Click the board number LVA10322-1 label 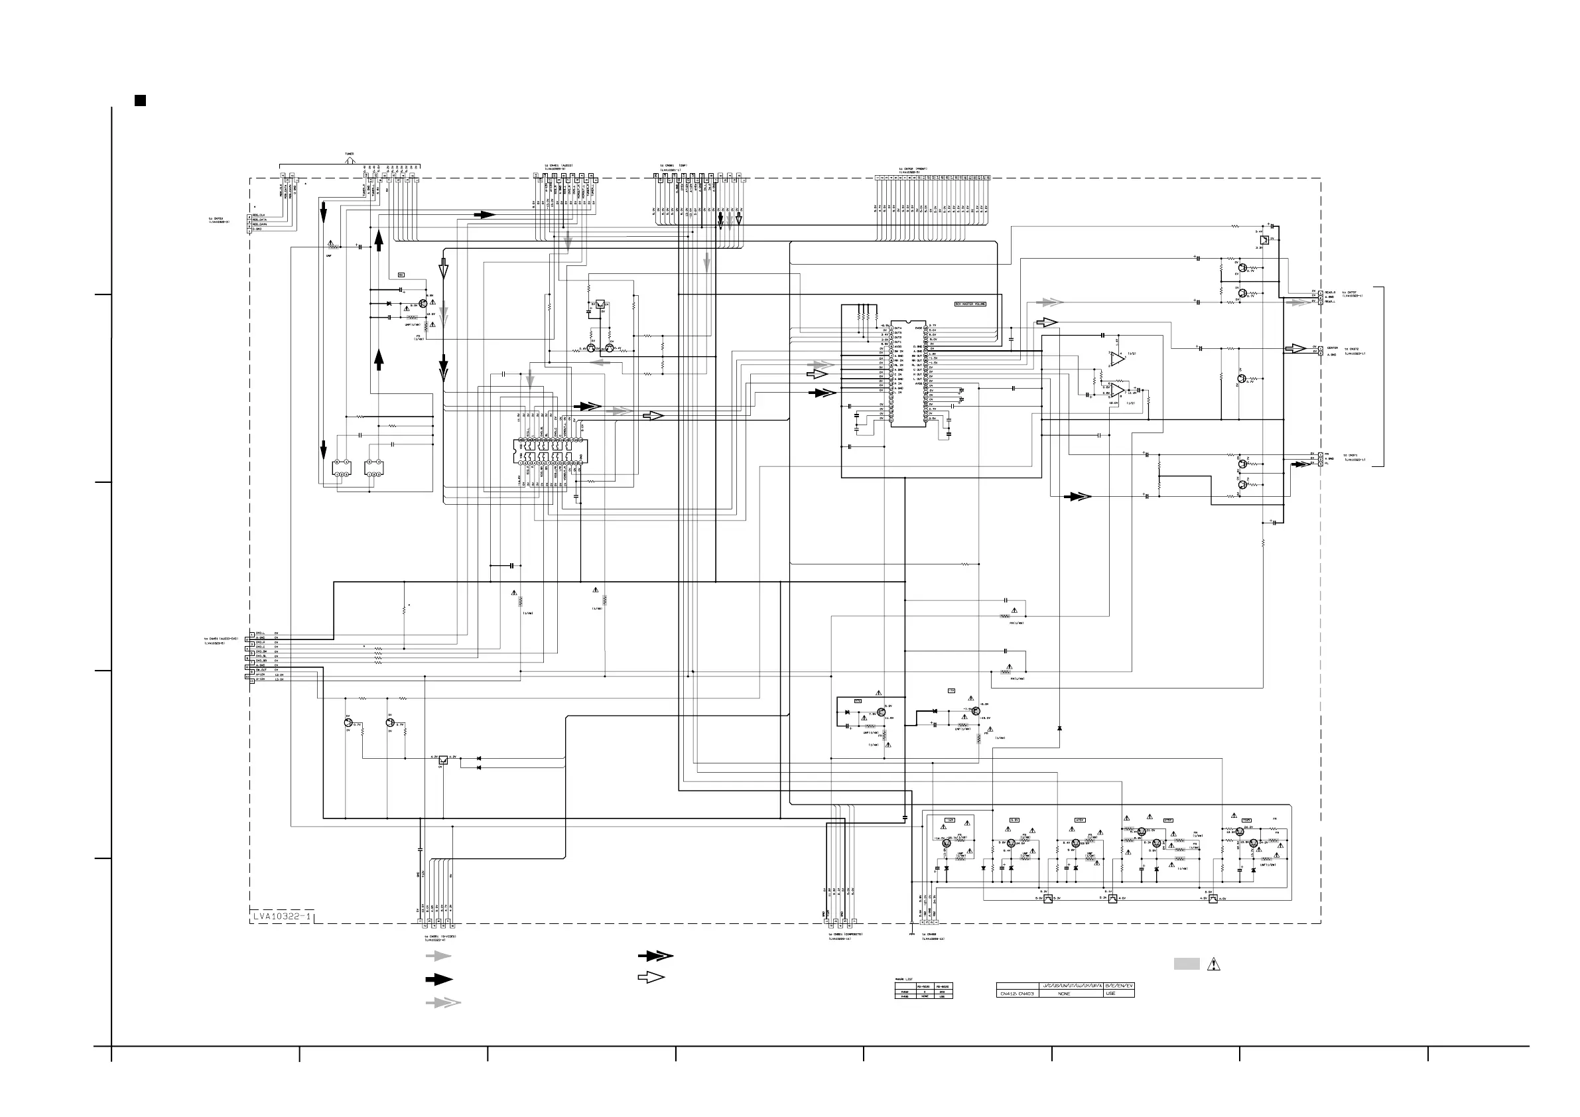coord(281,916)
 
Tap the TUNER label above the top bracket coord(350,153)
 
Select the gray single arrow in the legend coord(438,956)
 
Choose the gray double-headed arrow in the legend coord(442,1003)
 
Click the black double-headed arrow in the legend coord(655,956)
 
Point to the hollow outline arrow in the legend coord(651,977)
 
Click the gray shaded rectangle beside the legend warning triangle coord(1187,964)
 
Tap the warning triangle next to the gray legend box coord(1213,964)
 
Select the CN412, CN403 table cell coord(1017,994)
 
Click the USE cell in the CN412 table coord(1110,994)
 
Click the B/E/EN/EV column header coord(1119,986)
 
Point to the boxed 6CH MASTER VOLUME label coord(970,304)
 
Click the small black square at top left coord(140,100)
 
